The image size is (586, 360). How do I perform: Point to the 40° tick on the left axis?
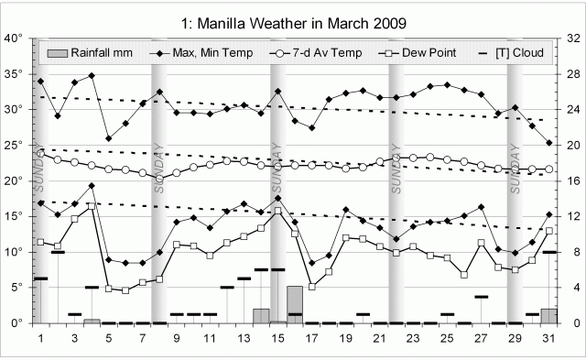point(14,38)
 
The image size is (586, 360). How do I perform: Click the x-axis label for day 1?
point(41,338)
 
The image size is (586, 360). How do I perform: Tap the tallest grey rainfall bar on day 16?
point(295,304)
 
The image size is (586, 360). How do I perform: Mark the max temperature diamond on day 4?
point(92,75)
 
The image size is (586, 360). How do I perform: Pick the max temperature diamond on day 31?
point(548,143)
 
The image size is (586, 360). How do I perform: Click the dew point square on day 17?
point(311,287)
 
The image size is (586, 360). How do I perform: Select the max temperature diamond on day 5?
point(108,139)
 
